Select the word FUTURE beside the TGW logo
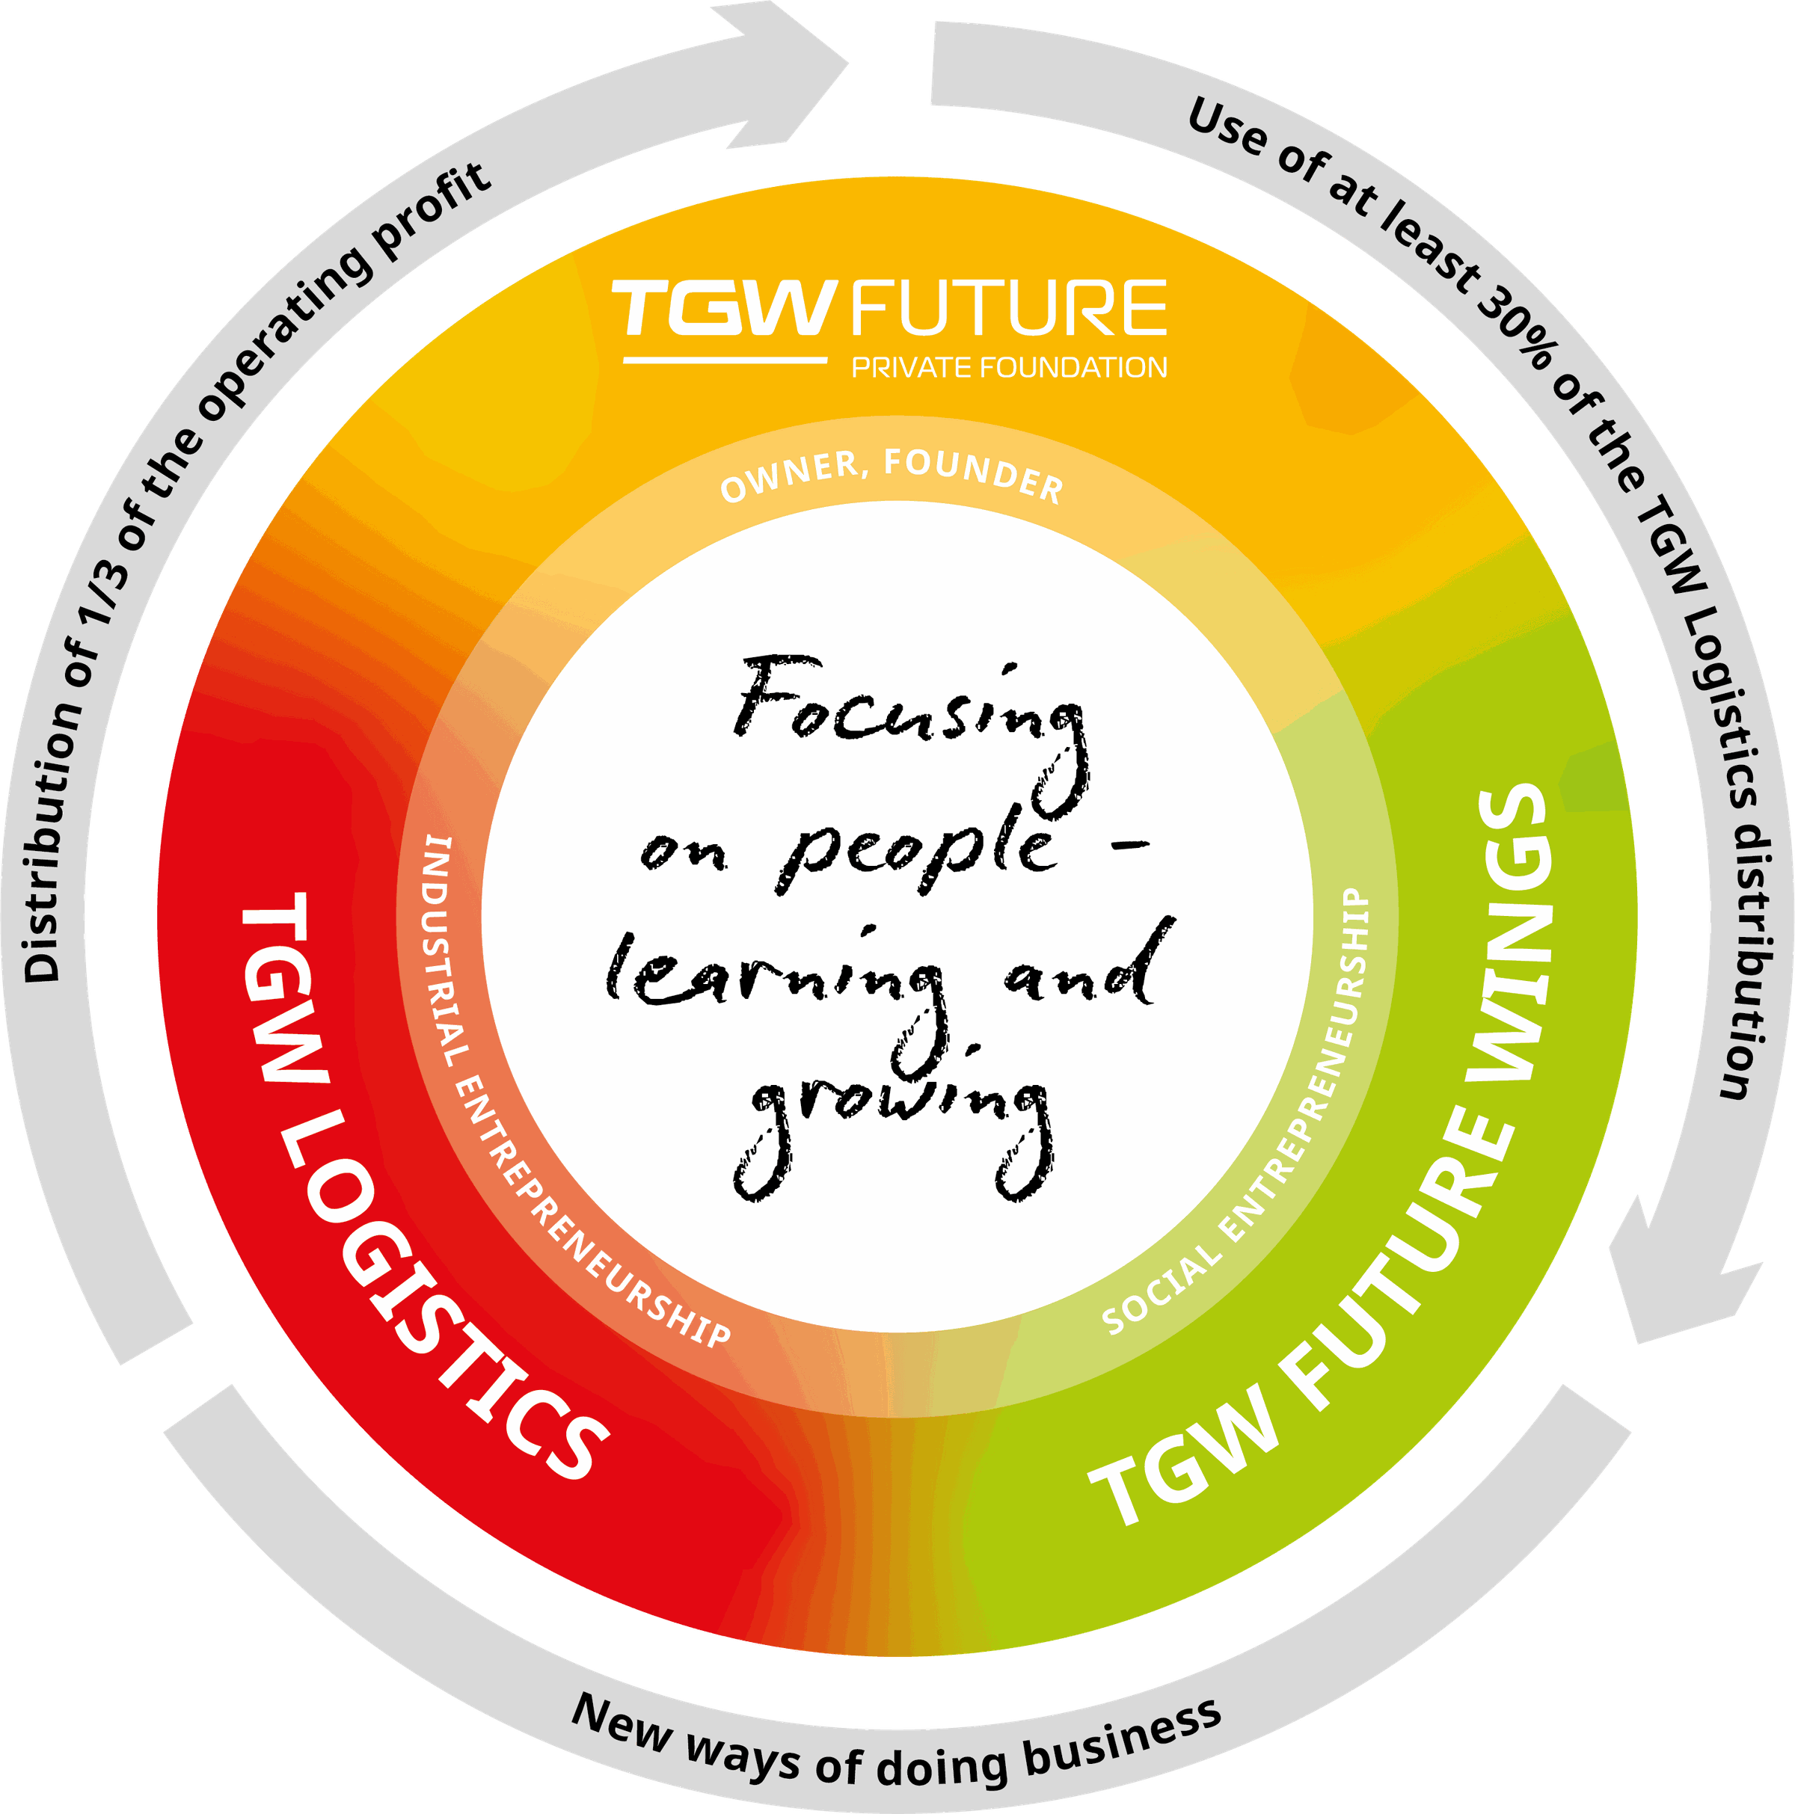tap(1009, 307)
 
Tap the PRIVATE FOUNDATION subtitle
tap(1009, 367)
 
